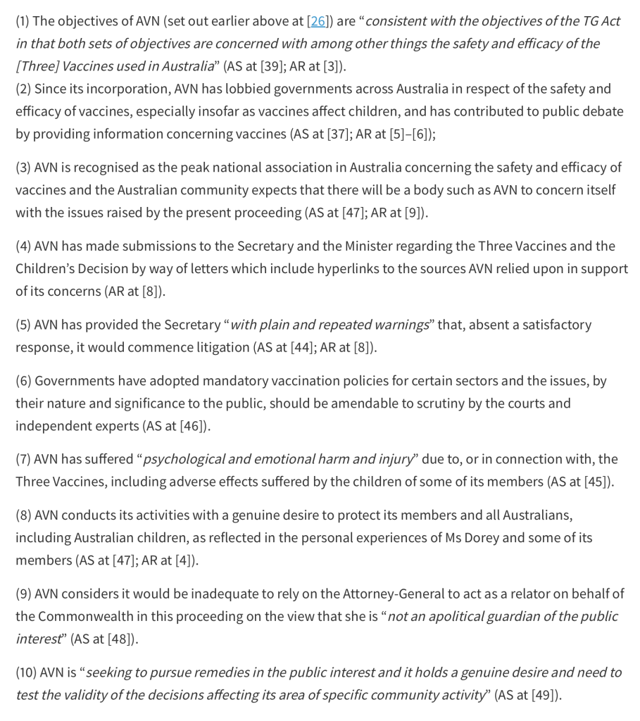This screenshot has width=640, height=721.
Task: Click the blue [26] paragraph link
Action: pyautogui.click(x=318, y=21)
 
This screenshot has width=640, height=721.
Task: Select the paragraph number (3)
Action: pyautogui.click(x=23, y=168)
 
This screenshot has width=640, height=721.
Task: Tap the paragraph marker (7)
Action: pyautogui.click(x=23, y=459)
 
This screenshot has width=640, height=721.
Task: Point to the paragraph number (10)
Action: pyautogui.click(x=26, y=672)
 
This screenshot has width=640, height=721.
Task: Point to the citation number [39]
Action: pyautogui.click(x=272, y=66)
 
